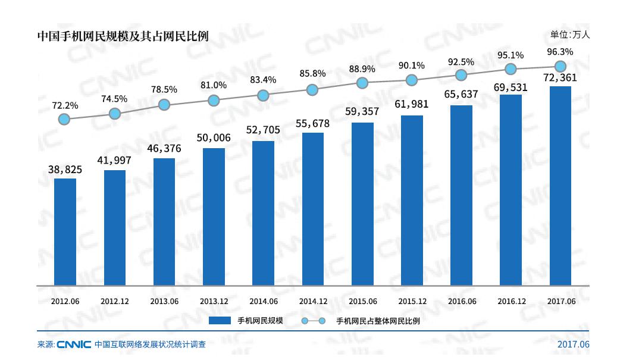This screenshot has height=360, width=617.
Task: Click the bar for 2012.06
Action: tap(65, 231)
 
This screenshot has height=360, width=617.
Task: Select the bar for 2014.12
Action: tap(313, 208)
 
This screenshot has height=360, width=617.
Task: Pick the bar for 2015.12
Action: tap(412, 200)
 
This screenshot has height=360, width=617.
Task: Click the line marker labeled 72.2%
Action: tap(65, 119)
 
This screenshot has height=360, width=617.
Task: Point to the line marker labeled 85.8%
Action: tap(313, 90)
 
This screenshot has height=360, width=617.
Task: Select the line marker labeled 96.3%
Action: tap(560, 66)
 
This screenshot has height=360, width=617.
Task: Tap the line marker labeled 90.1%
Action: tap(412, 80)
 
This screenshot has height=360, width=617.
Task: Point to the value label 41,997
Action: tap(115, 160)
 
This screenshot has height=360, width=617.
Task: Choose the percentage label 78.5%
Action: tap(164, 89)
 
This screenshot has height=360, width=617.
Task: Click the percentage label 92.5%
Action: tap(461, 61)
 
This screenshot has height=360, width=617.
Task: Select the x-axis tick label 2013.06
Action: tap(164, 301)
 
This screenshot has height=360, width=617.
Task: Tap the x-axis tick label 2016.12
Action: tap(511, 301)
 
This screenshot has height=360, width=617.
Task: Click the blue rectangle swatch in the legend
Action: tap(219, 321)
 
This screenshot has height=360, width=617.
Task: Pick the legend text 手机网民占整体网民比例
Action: tap(383, 321)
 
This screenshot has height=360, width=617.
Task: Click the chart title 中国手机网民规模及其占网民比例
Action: tap(123, 36)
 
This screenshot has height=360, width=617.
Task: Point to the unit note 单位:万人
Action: tap(569, 35)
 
